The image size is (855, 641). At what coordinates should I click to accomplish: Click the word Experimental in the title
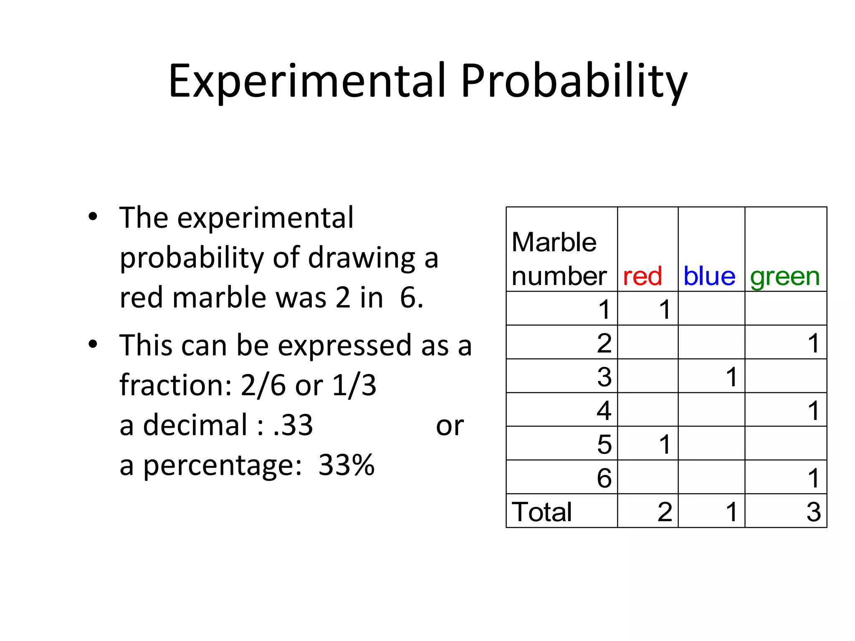(307, 81)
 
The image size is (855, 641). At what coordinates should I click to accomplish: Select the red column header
(642, 276)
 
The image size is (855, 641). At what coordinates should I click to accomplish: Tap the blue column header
(709, 276)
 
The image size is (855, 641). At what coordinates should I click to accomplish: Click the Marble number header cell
(559, 259)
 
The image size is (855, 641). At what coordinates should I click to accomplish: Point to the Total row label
(541, 512)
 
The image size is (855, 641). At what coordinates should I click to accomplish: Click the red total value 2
(665, 512)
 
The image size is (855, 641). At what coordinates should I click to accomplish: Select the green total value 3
(813, 512)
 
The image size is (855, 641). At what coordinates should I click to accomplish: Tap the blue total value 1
(731, 512)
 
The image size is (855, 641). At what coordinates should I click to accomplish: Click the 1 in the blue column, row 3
(731, 377)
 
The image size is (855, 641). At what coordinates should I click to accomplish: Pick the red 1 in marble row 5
(665, 444)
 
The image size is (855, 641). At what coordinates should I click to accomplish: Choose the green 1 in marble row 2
(813, 343)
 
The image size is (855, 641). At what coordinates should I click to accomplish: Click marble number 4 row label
(604, 411)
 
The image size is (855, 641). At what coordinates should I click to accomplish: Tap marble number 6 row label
(604, 478)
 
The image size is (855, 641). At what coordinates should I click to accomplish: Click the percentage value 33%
(346, 465)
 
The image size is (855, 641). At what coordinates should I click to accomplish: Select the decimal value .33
(293, 425)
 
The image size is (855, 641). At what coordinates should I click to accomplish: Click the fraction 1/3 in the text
(354, 385)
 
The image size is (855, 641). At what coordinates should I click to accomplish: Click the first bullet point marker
(93, 217)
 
